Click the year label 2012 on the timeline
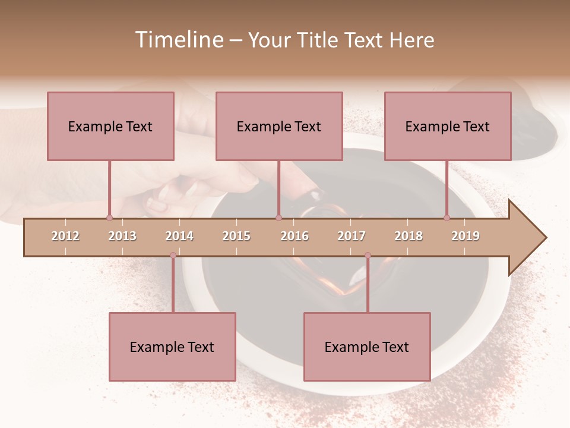click(x=65, y=236)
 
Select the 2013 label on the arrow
click(x=122, y=236)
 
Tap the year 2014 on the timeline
click(x=179, y=236)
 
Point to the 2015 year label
click(x=236, y=236)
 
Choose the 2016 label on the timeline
click(x=294, y=236)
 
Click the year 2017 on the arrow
click(x=351, y=236)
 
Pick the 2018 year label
click(x=408, y=236)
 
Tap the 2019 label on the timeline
click(x=465, y=236)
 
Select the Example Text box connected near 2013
click(x=110, y=126)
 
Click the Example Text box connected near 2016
click(x=279, y=126)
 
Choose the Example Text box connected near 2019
click(x=448, y=126)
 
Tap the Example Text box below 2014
click(x=172, y=347)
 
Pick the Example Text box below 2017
click(x=367, y=347)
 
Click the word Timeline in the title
click(x=178, y=40)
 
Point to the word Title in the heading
click(x=318, y=40)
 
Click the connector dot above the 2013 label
click(x=109, y=218)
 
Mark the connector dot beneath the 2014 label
click(x=173, y=256)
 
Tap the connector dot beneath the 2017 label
click(x=368, y=256)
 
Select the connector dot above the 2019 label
click(x=447, y=218)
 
